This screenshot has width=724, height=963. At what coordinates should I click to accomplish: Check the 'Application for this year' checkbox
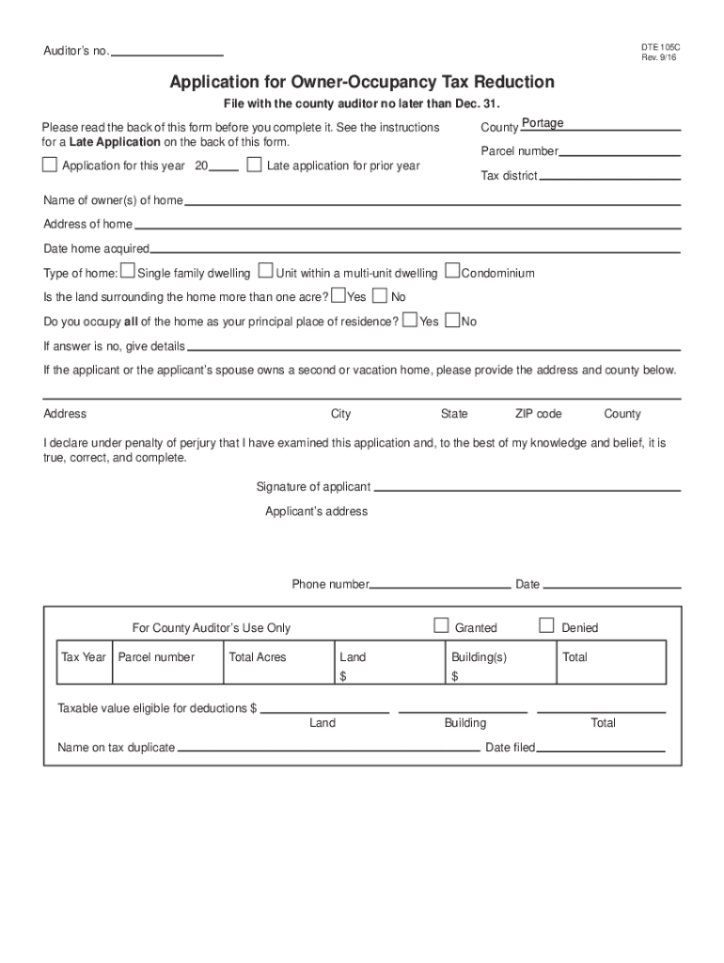[50, 166]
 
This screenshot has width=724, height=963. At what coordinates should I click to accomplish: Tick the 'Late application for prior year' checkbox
[254, 166]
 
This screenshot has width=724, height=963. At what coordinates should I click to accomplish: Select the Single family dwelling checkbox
[128, 272]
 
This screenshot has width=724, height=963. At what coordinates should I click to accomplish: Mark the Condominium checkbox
[452, 272]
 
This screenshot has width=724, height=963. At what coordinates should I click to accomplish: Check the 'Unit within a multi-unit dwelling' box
[266, 272]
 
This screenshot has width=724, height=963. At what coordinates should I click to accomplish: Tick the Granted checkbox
[441, 626]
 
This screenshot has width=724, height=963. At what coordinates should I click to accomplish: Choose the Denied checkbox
[546, 626]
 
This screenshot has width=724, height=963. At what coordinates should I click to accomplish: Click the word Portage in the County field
[543, 124]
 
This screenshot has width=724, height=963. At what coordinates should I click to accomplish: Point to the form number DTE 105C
[662, 46]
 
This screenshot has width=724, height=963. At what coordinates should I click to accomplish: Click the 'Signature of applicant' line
[527, 487]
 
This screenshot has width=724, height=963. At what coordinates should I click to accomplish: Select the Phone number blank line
[439, 584]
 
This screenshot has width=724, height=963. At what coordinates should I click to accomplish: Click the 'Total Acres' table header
[258, 657]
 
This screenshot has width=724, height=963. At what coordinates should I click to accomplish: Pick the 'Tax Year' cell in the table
[84, 657]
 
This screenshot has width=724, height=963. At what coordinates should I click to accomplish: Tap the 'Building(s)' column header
[479, 657]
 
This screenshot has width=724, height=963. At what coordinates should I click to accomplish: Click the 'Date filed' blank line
[601, 749]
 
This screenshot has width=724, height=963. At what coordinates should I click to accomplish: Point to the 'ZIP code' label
[538, 414]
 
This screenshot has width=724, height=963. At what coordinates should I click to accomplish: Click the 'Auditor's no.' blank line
[167, 53]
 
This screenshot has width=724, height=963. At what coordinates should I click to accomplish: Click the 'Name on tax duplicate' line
[328, 749]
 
